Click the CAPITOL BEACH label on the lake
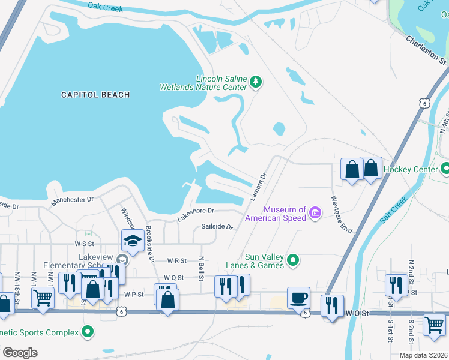(x=95, y=95)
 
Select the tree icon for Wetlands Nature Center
(x=256, y=82)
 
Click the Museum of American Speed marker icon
(x=314, y=212)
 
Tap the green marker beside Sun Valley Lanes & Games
(x=292, y=260)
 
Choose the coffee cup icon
(x=298, y=297)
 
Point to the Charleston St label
(x=426, y=50)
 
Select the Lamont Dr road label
(x=258, y=188)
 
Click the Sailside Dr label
(x=217, y=226)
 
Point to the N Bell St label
(x=201, y=268)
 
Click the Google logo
(x=20, y=353)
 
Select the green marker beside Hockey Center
(x=444, y=169)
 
